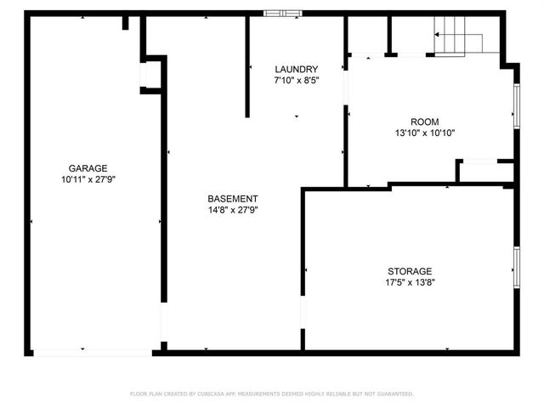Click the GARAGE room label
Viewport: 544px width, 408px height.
click(x=88, y=168)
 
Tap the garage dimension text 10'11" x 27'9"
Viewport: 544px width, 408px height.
click(x=88, y=180)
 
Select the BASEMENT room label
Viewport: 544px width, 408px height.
click(x=233, y=198)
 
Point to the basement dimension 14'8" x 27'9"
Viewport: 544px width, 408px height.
click(x=233, y=210)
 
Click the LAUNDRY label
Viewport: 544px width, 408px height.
click(x=296, y=69)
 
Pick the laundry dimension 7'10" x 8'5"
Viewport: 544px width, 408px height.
click(x=296, y=81)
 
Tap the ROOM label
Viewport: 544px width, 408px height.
click(x=425, y=122)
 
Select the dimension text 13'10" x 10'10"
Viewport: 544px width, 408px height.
click(x=425, y=133)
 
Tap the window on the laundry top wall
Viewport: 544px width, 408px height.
click(x=281, y=13)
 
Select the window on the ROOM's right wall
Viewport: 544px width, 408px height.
click(x=516, y=106)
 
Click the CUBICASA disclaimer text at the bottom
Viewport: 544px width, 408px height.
click(x=272, y=394)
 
